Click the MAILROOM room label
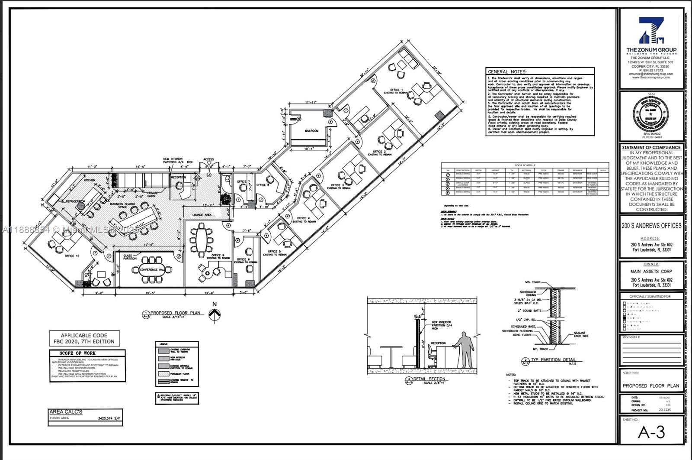pos(311,130)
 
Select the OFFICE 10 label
pos(72,256)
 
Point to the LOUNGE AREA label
pos(202,214)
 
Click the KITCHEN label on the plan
pos(90,180)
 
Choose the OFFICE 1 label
pos(396,90)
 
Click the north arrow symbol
pos(214,315)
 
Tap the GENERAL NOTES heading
pos(507,72)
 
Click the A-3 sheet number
pos(651,432)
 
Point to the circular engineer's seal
pos(652,115)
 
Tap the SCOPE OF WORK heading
pos(78,353)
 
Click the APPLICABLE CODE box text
pos(84,338)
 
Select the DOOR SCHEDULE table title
pos(525,165)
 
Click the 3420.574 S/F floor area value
pos(108,419)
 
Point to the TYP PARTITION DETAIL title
pos(554,360)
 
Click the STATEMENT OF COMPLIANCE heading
pos(651,148)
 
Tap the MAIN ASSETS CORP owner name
pos(651,272)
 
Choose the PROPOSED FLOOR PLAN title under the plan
pos(175,313)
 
